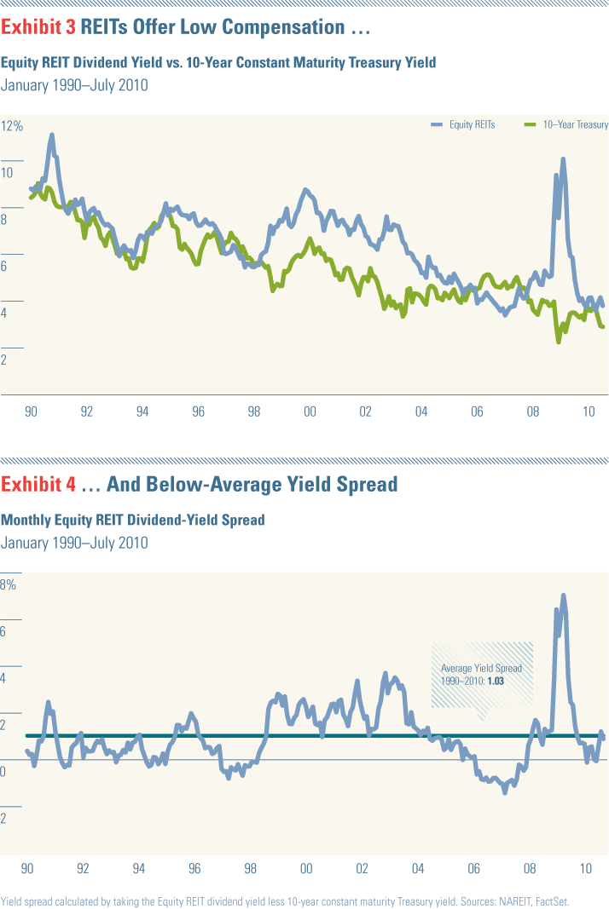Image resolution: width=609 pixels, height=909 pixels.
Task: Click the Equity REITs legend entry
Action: (472, 124)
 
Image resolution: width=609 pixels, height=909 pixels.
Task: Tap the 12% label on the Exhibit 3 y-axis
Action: (13, 126)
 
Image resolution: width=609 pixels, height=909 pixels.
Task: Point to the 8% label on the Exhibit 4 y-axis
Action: (9, 585)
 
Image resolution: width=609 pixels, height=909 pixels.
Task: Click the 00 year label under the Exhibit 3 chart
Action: (310, 411)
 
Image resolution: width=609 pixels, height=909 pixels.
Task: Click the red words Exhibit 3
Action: (38, 27)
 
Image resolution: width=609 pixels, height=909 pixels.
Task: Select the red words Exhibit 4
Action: (38, 485)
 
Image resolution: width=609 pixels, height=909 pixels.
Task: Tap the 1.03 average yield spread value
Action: (496, 682)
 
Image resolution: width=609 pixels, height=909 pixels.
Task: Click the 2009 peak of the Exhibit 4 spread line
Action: (564, 595)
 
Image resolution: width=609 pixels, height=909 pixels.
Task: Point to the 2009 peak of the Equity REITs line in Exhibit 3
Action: (563, 159)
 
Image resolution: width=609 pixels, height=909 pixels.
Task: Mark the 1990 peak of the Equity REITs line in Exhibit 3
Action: (52, 135)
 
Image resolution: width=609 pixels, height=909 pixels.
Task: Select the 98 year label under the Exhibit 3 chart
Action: (254, 411)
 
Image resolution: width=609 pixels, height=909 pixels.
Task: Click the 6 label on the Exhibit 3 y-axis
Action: (8, 267)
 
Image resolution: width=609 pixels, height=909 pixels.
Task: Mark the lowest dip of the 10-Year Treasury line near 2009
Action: (559, 341)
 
